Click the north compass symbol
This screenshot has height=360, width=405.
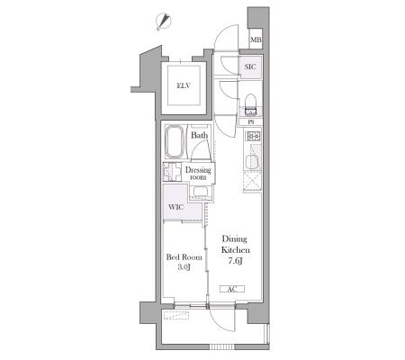click(164, 22)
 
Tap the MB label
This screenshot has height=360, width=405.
click(256, 40)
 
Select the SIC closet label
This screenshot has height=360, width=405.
click(250, 67)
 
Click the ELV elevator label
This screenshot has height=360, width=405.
click(184, 85)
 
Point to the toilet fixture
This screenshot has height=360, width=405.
click(250, 105)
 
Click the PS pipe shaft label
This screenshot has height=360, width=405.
click(251, 122)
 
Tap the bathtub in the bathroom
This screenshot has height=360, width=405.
click(175, 141)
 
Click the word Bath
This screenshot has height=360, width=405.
click(200, 135)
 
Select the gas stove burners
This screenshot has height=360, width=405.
click(253, 137)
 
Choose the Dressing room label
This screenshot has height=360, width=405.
click(198, 174)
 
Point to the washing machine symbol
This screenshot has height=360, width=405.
click(172, 172)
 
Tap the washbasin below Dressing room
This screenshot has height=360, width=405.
click(201, 192)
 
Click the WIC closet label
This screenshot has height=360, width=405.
click(176, 207)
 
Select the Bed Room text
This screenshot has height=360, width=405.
click(184, 257)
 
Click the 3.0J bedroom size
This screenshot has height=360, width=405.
click(184, 266)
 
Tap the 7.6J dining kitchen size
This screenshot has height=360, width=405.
click(235, 261)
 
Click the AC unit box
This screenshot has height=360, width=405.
click(232, 289)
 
